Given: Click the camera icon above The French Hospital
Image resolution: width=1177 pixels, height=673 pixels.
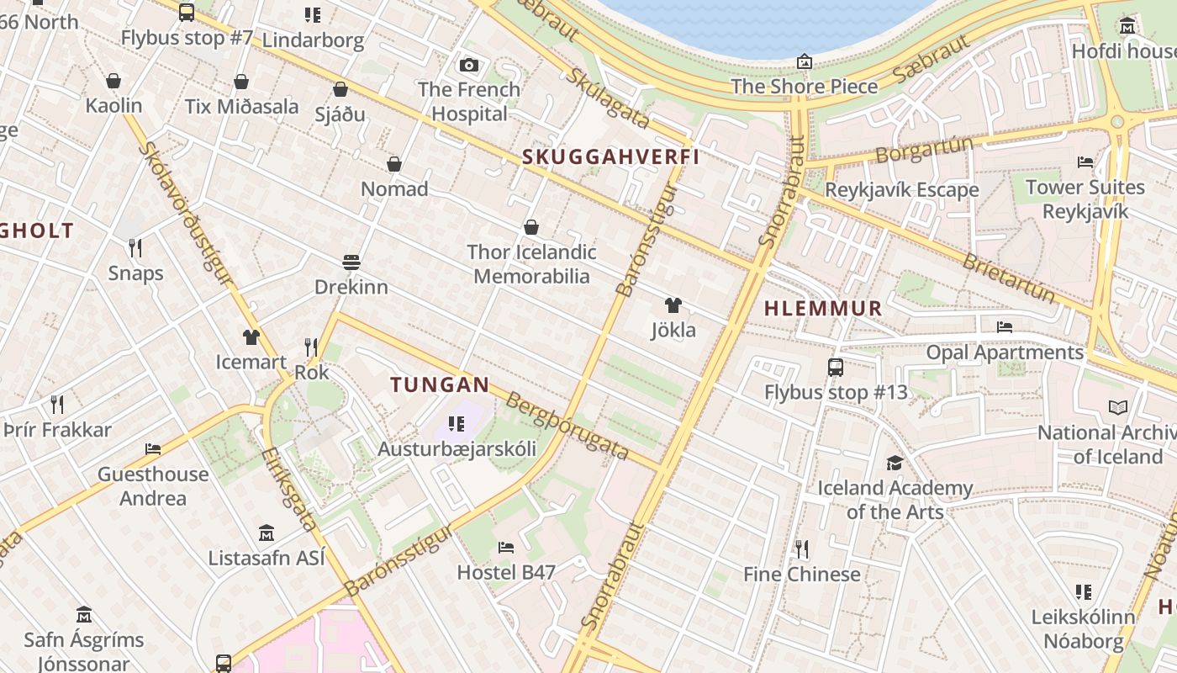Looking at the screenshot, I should (x=469, y=65).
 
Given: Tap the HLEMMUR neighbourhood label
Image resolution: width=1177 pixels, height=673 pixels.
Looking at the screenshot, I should (x=823, y=309).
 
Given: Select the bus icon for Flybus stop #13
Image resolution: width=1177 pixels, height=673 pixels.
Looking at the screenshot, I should (x=835, y=367).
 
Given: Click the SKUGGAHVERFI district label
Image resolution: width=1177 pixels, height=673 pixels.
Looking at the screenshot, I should (x=610, y=157).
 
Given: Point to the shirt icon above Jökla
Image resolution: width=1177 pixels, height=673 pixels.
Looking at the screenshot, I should (x=673, y=305).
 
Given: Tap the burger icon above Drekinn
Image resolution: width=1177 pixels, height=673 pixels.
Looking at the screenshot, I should (x=351, y=262).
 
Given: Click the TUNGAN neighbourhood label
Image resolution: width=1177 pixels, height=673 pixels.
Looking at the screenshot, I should (x=440, y=385).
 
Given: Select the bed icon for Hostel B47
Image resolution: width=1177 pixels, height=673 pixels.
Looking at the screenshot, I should (x=505, y=548).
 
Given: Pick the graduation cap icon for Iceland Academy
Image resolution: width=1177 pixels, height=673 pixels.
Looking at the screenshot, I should (x=895, y=463).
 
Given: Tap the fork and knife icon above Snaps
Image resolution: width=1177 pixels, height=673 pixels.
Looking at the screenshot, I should (x=135, y=247).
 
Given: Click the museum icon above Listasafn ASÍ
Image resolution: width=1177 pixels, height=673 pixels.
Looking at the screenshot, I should (x=267, y=533).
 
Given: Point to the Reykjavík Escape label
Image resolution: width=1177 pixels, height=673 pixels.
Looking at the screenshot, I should (x=901, y=190).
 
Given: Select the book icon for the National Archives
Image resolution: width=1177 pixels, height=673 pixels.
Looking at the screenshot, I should (x=1117, y=408).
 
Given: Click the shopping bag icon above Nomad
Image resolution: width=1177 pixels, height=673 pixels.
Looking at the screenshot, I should (x=393, y=164).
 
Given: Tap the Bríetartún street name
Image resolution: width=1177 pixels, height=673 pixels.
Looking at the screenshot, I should (x=1008, y=278).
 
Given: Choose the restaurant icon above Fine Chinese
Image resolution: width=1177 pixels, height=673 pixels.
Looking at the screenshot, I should (x=802, y=549).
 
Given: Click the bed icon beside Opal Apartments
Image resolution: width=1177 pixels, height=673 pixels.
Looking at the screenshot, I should (x=1004, y=327).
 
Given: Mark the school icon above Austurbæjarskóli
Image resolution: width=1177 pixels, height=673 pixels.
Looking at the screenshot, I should (x=456, y=423).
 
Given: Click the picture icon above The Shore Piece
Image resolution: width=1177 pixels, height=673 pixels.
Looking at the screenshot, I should (x=804, y=61).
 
